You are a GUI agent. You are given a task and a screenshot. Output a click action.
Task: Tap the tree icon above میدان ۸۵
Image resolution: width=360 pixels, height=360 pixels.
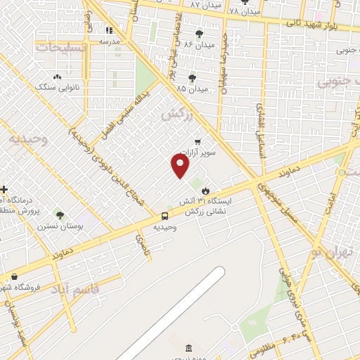(192, 78)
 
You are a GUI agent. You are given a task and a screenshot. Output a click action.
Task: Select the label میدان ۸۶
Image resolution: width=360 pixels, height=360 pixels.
(199, 44)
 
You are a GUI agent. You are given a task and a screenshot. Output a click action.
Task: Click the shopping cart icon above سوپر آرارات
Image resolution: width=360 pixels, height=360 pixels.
(197, 141)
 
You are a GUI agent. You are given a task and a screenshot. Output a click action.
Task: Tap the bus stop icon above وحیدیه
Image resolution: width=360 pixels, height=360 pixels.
(165, 216)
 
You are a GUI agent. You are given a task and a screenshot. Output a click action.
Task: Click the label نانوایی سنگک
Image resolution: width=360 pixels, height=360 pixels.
(56, 86)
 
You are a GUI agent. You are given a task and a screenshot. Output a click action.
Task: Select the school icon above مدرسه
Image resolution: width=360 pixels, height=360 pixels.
(109, 30)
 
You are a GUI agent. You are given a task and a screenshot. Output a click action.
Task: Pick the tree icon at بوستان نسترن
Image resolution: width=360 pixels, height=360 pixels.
(59, 215)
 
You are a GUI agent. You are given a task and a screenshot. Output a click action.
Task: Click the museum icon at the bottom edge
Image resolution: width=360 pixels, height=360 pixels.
(188, 349)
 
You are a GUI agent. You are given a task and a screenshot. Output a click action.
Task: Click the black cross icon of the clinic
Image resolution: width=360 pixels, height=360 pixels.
(4, 190)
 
